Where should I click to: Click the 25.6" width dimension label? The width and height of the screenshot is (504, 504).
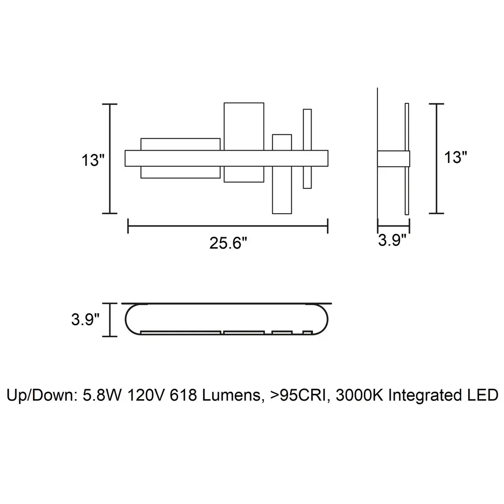[x=228, y=243]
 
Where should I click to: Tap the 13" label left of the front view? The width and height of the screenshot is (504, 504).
[x=93, y=160]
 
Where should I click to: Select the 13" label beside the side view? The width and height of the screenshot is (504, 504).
[x=455, y=157]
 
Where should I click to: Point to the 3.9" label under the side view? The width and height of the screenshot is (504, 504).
[x=392, y=240]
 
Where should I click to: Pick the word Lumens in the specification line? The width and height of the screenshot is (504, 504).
[x=231, y=395]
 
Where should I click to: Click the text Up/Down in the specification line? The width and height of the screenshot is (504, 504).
[x=41, y=395]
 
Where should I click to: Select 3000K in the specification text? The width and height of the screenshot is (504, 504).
[x=359, y=395]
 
